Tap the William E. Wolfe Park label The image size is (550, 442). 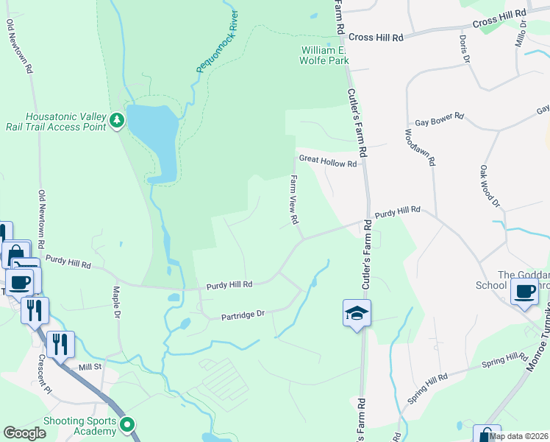click(324, 55)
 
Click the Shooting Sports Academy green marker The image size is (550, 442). click(127, 424)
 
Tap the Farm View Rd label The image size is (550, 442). click(294, 200)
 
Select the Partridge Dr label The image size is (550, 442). click(243, 315)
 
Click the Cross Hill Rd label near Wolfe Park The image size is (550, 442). click(376, 37)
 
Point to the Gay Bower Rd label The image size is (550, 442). click(440, 116)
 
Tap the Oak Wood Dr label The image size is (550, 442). click(490, 186)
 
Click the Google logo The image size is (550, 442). click(24, 433)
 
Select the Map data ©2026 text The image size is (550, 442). click(518, 436)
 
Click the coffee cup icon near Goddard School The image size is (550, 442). click(524, 291)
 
